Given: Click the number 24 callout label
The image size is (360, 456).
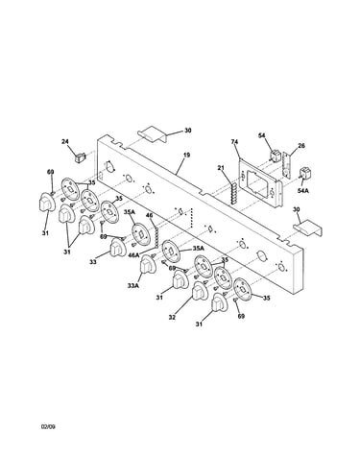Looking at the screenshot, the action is tap(65, 141).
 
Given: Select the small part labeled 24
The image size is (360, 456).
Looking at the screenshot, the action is tap(81, 157).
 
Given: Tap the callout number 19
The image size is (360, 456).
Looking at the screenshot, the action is tap(187, 155).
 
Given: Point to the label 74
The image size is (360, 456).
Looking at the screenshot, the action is tap(235, 141).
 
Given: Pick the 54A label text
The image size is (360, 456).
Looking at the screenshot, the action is tap(303, 191).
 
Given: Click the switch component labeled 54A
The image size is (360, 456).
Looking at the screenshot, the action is tap(303, 173).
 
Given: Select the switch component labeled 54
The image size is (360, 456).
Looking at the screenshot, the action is tap(275, 156).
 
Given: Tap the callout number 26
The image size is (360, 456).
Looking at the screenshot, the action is tap(301, 146).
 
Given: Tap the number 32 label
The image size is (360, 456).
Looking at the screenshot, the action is tap(173, 318).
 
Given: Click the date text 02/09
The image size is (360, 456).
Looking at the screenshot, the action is tap(48, 426).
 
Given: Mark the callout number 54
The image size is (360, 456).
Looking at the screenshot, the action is tap(262, 135).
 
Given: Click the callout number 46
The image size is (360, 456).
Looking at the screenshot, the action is tap(150, 215).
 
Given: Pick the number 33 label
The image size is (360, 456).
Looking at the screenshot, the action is tap(93, 262).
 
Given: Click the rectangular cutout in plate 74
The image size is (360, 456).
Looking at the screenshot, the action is tap(255, 180).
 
